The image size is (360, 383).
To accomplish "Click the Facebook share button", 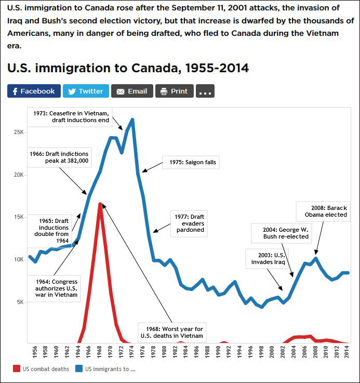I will [x=34, y=91].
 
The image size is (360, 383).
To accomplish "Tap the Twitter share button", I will [x=86, y=91].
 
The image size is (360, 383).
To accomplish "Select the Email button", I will [x=132, y=91].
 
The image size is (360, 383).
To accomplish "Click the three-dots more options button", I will [x=205, y=91].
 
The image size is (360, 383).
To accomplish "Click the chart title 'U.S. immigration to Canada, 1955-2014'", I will [x=128, y=68].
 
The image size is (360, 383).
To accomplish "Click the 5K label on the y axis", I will [x=20, y=302].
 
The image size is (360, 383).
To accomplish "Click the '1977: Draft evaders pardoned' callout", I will [x=190, y=224].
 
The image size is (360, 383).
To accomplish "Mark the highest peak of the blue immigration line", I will [x=132, y=120].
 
